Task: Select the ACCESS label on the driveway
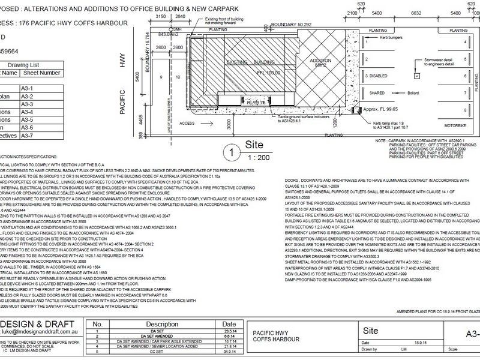(188, 122)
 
